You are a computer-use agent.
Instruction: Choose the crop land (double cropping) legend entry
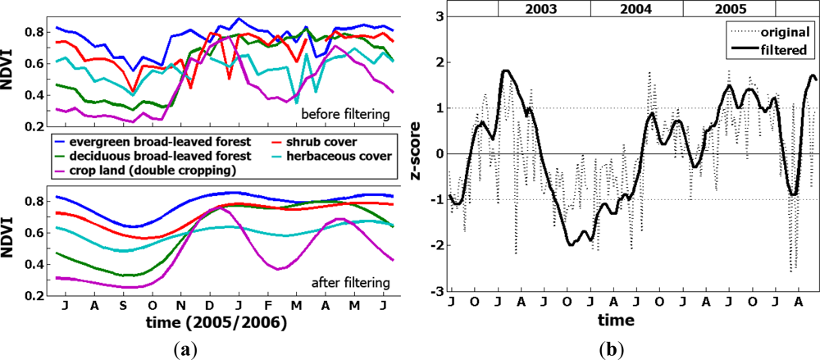[x=144, y=170]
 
